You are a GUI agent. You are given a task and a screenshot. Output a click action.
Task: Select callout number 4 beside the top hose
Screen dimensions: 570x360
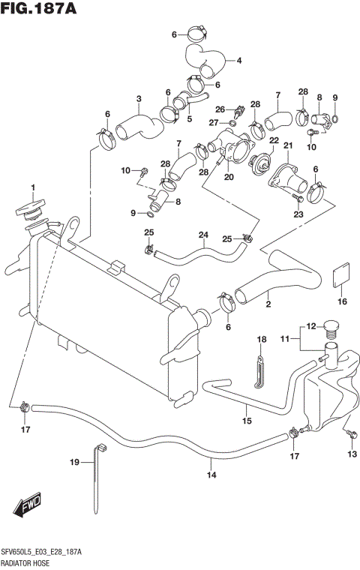[238, 61]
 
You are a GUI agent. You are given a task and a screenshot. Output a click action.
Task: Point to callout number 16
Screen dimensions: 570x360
[342, 301]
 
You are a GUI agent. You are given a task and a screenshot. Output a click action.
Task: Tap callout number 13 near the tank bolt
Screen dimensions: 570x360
[351, 454]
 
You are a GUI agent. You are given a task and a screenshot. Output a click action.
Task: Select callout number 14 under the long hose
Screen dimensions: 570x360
[212, 475]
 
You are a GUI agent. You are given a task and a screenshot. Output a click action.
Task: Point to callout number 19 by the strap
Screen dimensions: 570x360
[74, 463]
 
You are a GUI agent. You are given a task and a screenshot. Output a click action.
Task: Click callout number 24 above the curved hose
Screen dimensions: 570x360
[202, 235]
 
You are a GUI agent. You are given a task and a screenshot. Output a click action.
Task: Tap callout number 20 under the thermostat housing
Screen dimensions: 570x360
[229, 178]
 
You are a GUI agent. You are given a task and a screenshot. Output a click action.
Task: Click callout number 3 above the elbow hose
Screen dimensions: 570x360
[139, 99]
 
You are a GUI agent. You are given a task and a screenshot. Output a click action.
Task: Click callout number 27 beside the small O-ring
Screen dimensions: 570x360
[213, 122]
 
